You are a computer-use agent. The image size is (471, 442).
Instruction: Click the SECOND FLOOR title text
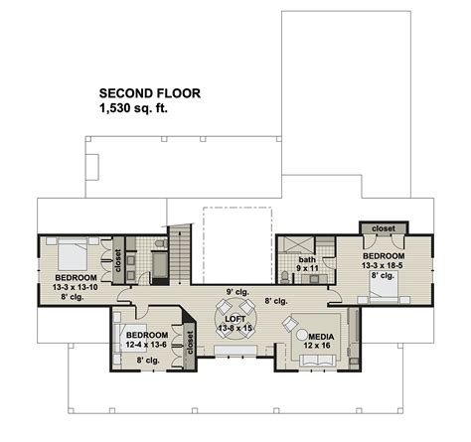(149, 93)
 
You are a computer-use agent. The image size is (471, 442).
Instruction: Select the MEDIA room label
(321, 337)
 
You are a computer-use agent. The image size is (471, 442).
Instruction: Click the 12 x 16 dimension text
(321, 348)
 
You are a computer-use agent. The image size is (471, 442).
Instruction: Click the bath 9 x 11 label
(307, 263)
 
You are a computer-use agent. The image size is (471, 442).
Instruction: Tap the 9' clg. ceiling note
(236, 290)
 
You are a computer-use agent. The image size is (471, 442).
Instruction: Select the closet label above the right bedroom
(384, 228)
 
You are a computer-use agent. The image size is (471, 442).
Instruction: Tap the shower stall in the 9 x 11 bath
(290, 248)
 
